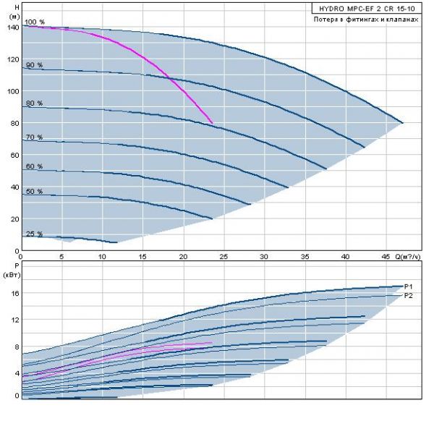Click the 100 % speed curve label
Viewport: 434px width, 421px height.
(35, 22)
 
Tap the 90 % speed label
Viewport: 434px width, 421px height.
(35, 65)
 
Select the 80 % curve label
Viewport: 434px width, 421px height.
(35, 103)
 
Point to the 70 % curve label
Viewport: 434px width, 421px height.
(35, 137)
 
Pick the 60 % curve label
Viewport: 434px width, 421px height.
(35, 166)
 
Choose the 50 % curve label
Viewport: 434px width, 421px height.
(35, 192)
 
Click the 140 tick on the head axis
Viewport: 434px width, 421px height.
(12, 27)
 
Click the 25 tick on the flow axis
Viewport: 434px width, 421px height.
(224, 256)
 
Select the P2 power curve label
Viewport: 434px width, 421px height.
(408, 296)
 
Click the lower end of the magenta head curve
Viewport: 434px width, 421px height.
(212, 122)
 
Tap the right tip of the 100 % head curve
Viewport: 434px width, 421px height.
(402, 122)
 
